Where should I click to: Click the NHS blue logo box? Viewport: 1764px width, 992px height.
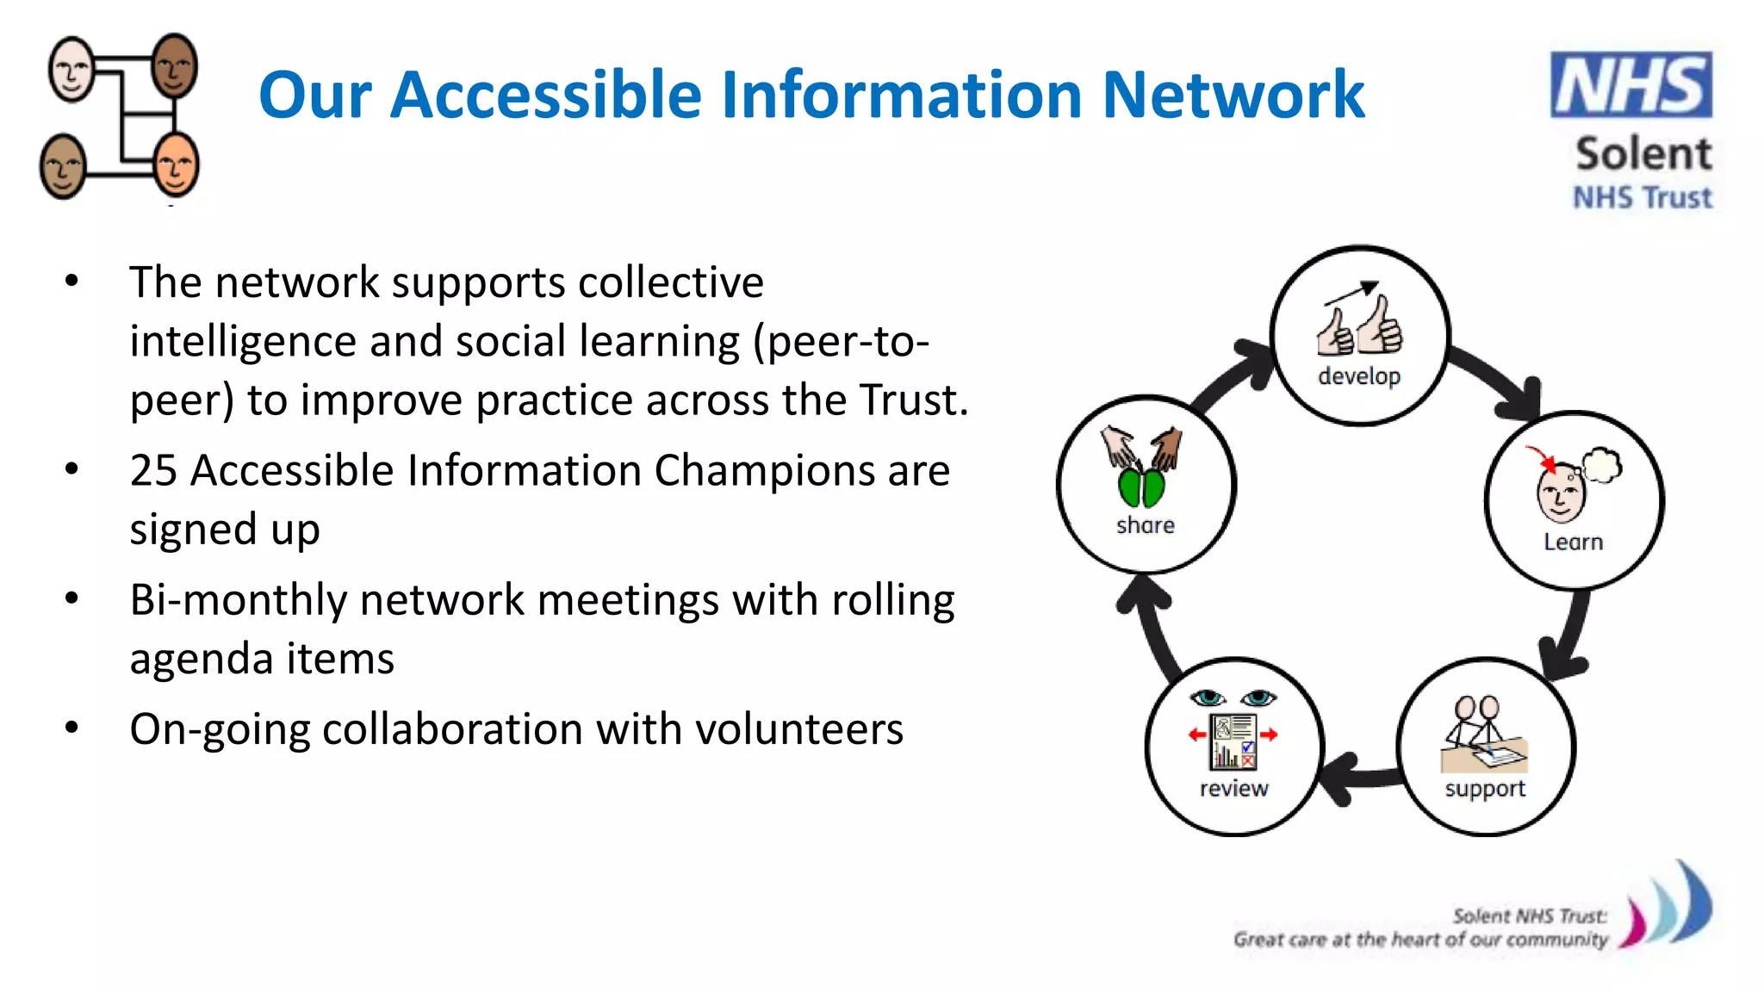[1630, 84]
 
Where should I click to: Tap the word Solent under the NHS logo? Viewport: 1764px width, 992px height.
[1643, 154]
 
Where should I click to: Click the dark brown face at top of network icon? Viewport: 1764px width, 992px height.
[175, 66]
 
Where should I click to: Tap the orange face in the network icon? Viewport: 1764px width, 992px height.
[177, 164]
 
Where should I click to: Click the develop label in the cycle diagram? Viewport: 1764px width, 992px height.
[1358, 376]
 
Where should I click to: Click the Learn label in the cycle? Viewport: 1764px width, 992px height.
[1573, 542]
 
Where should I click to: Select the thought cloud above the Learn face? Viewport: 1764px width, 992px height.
[1601, 465]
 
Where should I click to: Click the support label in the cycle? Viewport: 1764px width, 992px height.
[1484, 789]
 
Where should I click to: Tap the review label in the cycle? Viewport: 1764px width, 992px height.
[1233, 789]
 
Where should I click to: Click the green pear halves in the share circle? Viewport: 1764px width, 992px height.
[1140, 487]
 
